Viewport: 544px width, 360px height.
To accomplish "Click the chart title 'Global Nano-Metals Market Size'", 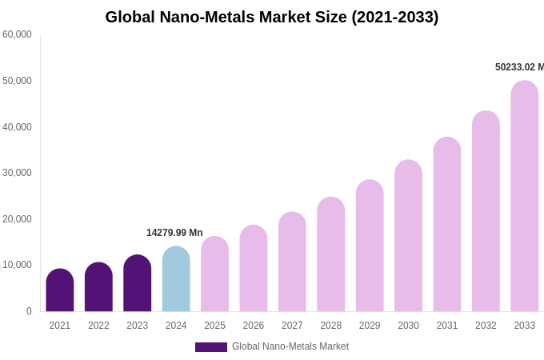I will (272, 17).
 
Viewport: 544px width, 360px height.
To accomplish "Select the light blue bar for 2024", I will (176, 279).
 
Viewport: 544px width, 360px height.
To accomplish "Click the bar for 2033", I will (525, 196).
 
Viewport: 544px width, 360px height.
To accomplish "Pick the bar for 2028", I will (331, 254).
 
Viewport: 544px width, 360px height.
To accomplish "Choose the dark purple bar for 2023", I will (138, 283).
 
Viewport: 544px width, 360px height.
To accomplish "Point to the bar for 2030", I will (408, 236).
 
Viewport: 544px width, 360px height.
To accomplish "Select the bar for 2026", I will (254, 269).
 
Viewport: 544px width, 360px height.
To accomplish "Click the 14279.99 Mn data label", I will (174, 233).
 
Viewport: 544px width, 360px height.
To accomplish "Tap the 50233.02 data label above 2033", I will (519, 67).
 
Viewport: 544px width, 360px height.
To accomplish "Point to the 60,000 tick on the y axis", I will (17, 34).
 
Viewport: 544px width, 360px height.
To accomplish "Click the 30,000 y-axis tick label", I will (17, 173).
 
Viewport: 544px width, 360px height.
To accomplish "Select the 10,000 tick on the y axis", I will (17, 265).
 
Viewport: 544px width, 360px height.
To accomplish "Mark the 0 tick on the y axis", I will (29, 311).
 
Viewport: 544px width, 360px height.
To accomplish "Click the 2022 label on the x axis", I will (98, 326).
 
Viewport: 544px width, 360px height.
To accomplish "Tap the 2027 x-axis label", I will (292, 326).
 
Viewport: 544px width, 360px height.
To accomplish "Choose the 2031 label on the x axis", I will (447, 326).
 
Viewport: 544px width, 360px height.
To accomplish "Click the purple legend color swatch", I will (211, 347).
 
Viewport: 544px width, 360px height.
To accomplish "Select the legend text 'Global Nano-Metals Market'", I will (290, 346).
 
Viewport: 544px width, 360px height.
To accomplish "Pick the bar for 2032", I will (486, 211).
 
